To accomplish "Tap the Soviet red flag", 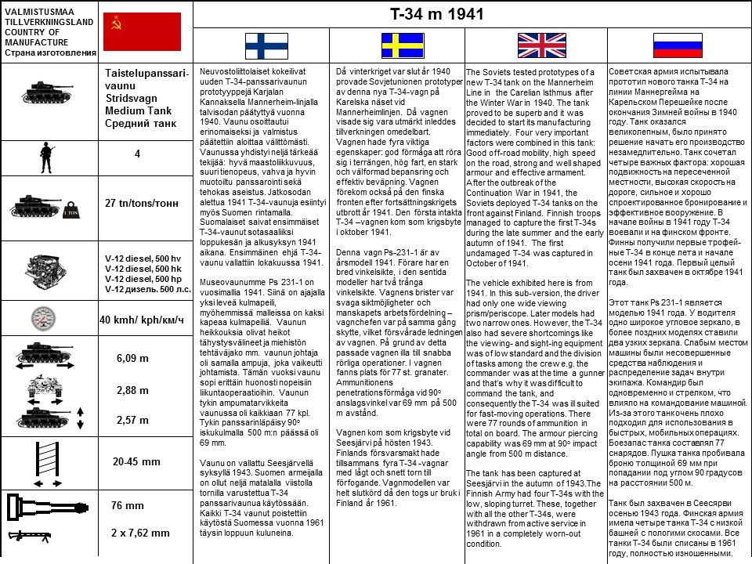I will click(x=143, y=32).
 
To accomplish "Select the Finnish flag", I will click(x=266, y=46).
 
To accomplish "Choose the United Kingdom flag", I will click(x=537, y=46).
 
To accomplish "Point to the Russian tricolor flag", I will click(x=678, y=46).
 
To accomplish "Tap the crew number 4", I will click(x=137, y=154).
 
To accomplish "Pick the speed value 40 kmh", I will click(x=142, y=320).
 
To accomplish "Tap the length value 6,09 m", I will click(x=132, y=358).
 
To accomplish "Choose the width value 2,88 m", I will click(x=132, y=390).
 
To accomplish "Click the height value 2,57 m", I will click(x=132, y=420).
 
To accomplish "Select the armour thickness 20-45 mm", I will click(x=136, y=461).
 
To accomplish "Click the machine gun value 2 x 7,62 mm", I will click(x=140, y=533).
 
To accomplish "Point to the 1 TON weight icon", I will click(x=70, y=211).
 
